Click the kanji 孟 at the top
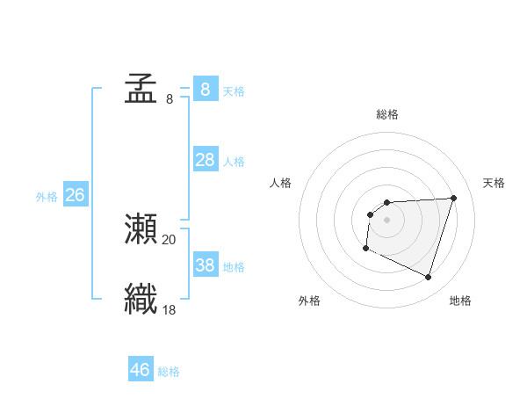[x=141, y=89]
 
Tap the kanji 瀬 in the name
[x=141, y=229]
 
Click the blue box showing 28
[x=205, y=159]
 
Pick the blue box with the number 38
[x=205, y=264]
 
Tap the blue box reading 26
[x=75, y=195]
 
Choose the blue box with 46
[x=141, y=370]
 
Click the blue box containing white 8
[x=205, y=89]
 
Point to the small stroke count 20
[x=170, y=239]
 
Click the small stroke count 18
[x=170, y=308]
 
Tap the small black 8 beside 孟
[x=170, y=98]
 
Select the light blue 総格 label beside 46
[x=169, y=372]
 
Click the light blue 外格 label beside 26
[x=47, y=197]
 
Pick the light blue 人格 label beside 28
[x=234, y=161]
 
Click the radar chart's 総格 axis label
[x=387, y=114]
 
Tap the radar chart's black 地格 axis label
[x=460, y=301]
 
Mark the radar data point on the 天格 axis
[x=453, y=198]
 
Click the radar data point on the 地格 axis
[x=429, y=278]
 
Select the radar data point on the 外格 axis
[x=365, y=249]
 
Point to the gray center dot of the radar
[x=386, y=220]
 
